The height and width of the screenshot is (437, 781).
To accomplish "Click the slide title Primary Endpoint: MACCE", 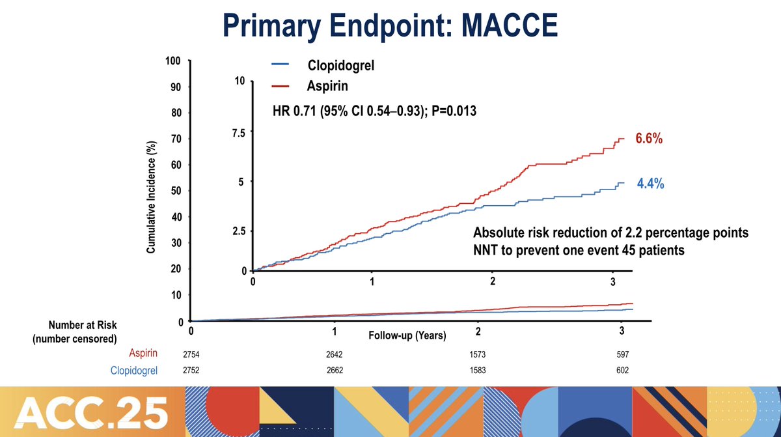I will click(x=390, y=28).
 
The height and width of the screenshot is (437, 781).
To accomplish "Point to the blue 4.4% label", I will click(x=650, y=184).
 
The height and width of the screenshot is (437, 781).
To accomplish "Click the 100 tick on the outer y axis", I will click(x=172, y=61).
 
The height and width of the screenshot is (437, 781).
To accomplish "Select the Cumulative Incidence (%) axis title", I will click(x=150, y=197).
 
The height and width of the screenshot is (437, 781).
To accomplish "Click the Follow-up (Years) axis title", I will click(x=407, y=336).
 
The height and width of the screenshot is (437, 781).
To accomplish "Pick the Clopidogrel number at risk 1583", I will click(x=477, y=371).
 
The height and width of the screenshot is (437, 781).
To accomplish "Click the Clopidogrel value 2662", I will click(x=334, y=371).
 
